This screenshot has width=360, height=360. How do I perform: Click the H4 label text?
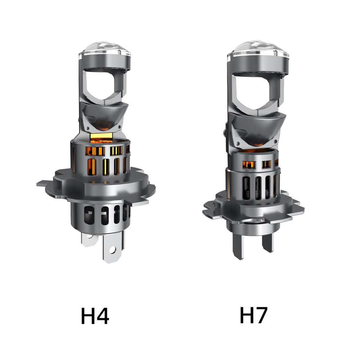(95, 316)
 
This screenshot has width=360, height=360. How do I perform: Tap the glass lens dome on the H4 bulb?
(105, 49)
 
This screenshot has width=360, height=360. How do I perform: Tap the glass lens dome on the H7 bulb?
(258, 49)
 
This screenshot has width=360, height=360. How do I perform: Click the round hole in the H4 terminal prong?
(112, 249)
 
